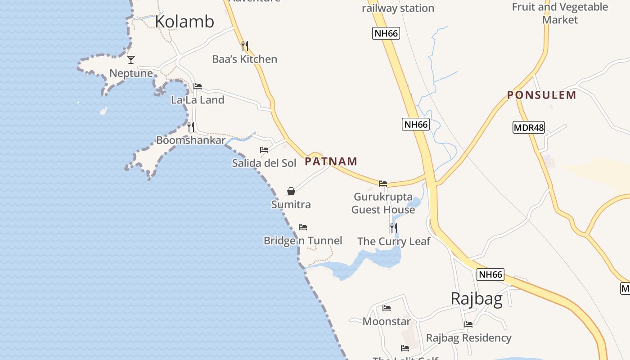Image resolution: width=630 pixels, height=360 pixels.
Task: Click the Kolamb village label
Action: point(184,22)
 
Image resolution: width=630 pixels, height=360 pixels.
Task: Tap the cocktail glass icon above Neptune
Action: point(131,59)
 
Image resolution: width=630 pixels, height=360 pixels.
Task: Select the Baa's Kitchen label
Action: point(244,59)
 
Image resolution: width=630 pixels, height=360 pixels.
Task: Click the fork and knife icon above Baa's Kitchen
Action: point(245,45)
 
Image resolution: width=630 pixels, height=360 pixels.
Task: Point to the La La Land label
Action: point(198,100)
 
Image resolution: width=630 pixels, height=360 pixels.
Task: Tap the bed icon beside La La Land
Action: point(198,86)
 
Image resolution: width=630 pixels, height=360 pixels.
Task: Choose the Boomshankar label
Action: point(190,140)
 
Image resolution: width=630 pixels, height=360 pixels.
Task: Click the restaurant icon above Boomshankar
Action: point(191,127)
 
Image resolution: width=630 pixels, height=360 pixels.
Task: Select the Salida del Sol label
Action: point(264,163)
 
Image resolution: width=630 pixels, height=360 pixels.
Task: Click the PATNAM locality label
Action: point(331,161)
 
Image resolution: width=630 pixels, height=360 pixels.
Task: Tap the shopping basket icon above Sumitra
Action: point(291,191)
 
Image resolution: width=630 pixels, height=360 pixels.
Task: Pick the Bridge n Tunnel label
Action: point(303,241)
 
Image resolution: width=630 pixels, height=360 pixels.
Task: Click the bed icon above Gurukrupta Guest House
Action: point(383,183)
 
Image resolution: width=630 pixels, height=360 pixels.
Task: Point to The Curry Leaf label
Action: point(394,242)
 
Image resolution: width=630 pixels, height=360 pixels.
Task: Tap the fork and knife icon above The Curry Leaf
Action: point(394,228)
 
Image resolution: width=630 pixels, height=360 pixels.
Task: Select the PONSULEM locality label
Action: point(541,95)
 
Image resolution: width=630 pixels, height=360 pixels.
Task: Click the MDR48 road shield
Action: point(529,127)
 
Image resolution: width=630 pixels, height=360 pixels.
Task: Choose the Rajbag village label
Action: point(477,299)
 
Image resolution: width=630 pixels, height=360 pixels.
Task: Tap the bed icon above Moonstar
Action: point(387,308)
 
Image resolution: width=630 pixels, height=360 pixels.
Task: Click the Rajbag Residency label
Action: point(468,338)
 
